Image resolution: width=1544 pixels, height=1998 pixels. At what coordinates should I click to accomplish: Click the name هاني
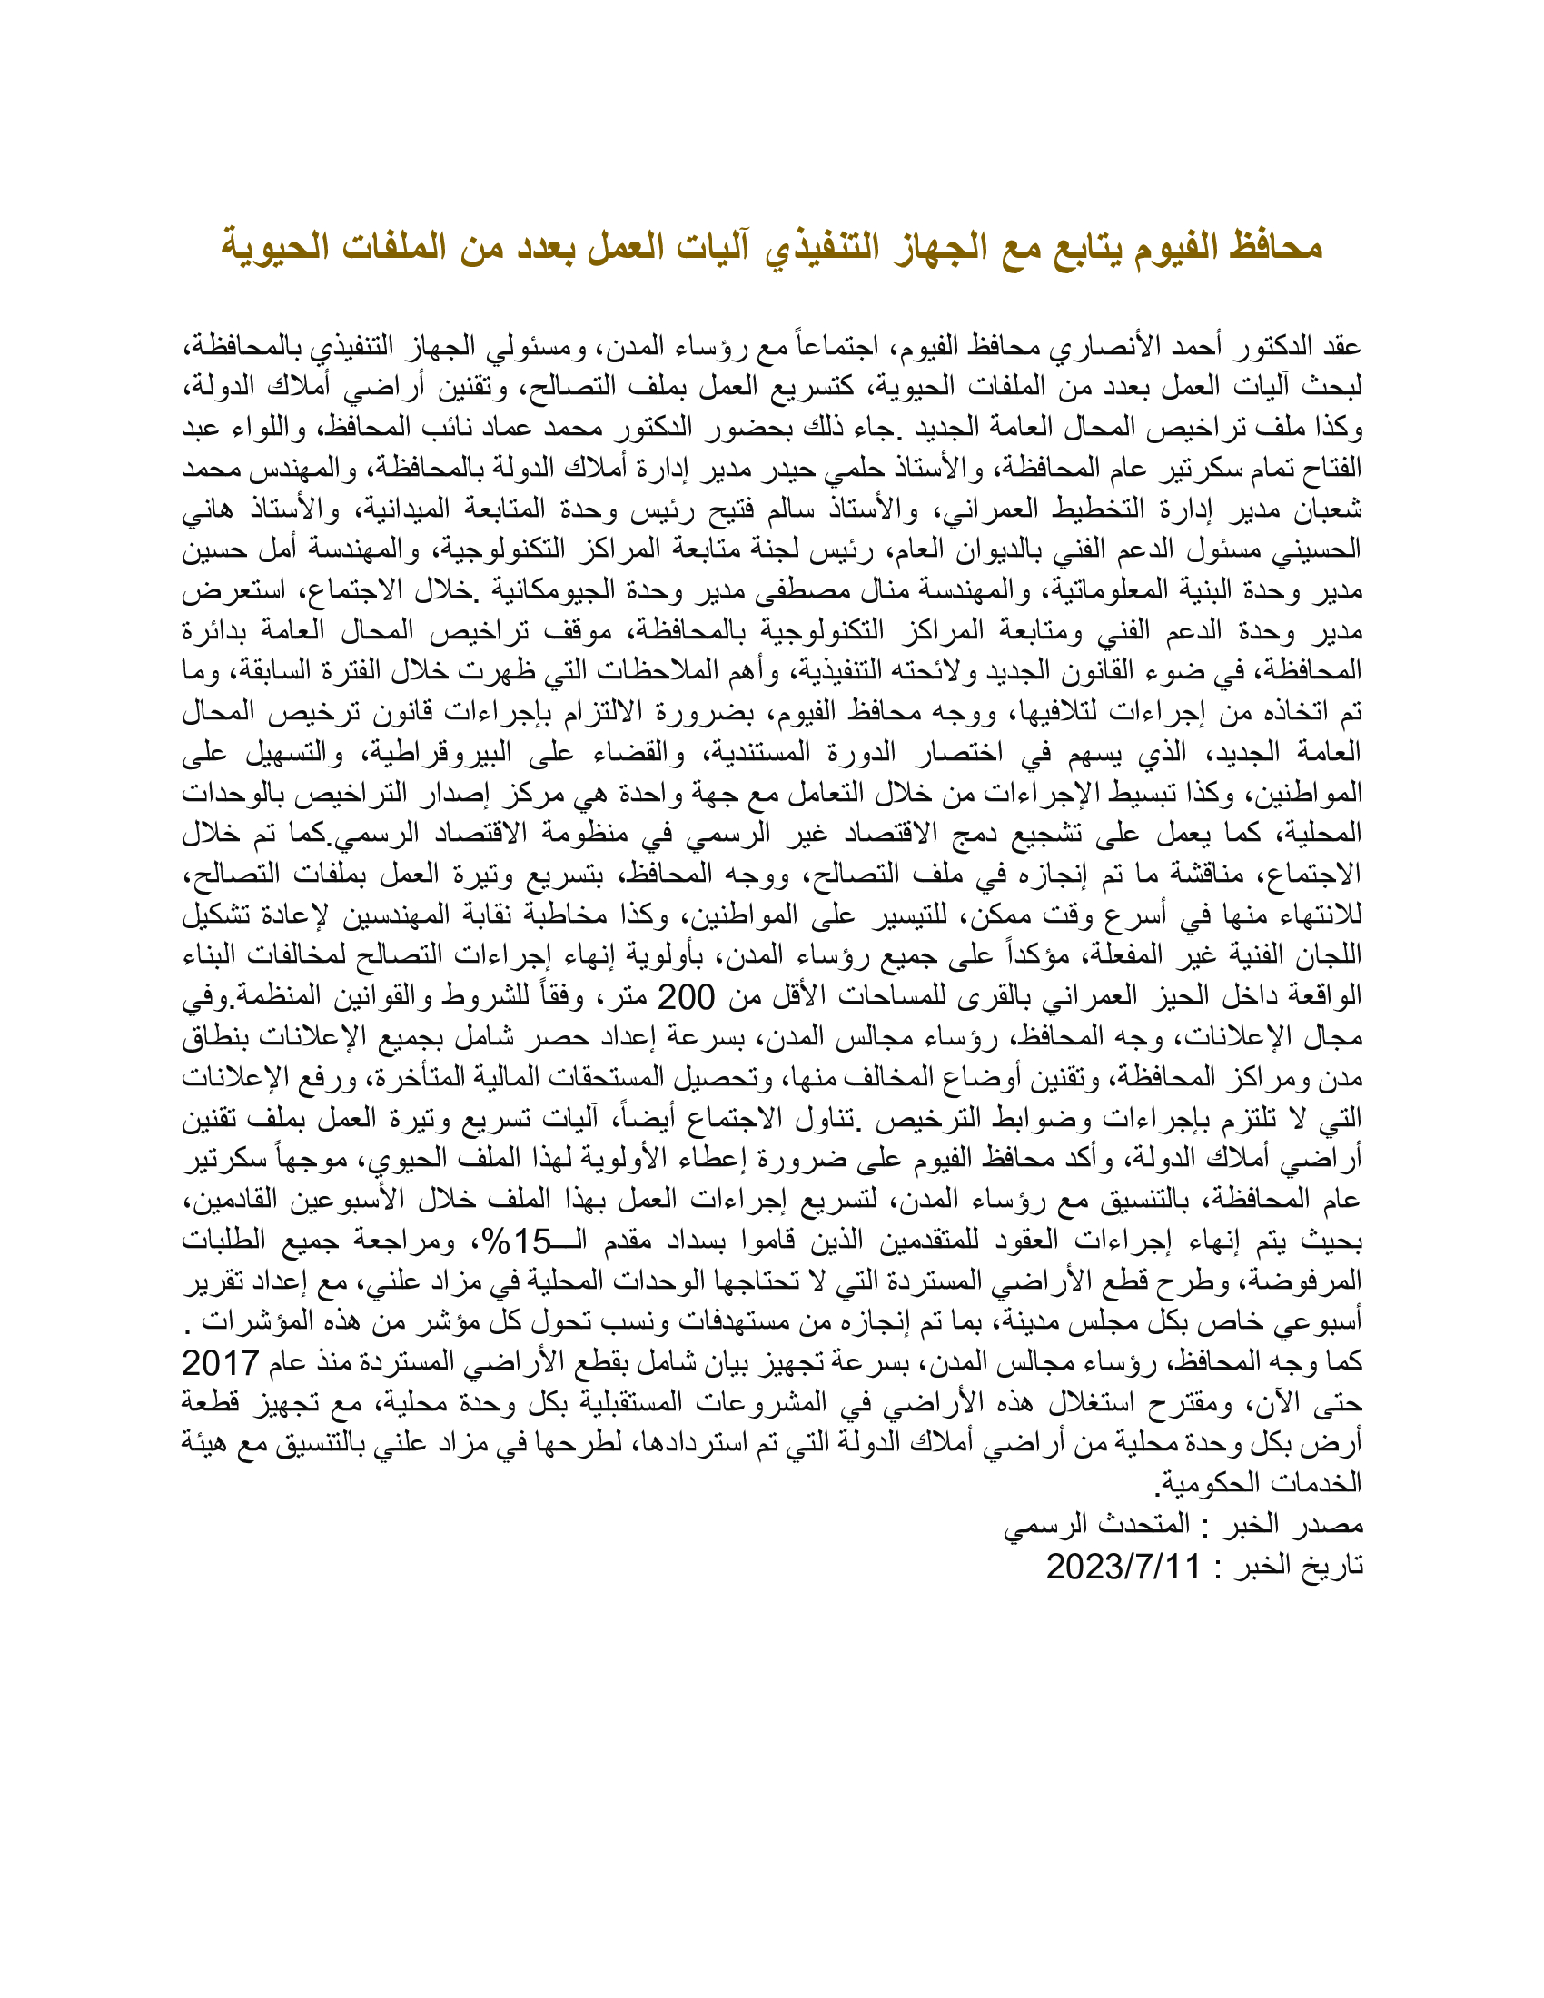(206, 509)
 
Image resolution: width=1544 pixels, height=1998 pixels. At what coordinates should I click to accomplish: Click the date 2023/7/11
(1123, 1567)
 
